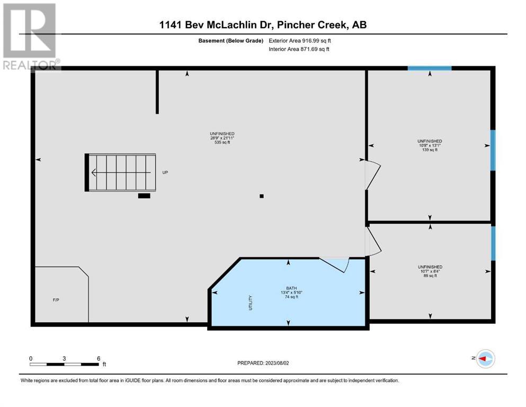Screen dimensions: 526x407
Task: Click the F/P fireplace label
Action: click(x=56, y=300)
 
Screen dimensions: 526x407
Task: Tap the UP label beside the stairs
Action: click(x=165, y=172)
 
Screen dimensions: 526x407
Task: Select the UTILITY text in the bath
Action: click(x=250, y=303)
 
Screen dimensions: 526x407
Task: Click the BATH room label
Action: click(x=291, y=288)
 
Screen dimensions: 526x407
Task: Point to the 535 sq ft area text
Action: click(x=222, y=142)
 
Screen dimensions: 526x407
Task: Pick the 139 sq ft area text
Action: click(x=430, y=149)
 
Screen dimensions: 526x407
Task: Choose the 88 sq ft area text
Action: click(x=430, y=276)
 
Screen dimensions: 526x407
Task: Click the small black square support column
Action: click(x=262, y=196)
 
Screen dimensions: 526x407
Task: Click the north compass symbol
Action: click(x=485, y=359)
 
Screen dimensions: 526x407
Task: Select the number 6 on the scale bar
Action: click(x=99, y=358)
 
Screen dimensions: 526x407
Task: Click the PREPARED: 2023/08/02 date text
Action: click(x=263, y=363)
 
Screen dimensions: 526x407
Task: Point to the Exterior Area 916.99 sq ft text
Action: click(x=300, y=41)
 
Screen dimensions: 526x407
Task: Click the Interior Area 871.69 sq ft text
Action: click(x=299, y=49)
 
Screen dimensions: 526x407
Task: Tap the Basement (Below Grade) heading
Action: click(x=231, y=41)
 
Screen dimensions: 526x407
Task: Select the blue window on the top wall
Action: click(x=430, y=68)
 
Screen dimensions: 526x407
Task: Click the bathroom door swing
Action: click(x=335, y=264)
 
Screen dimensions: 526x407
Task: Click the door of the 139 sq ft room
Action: click(x=373, y=175)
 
